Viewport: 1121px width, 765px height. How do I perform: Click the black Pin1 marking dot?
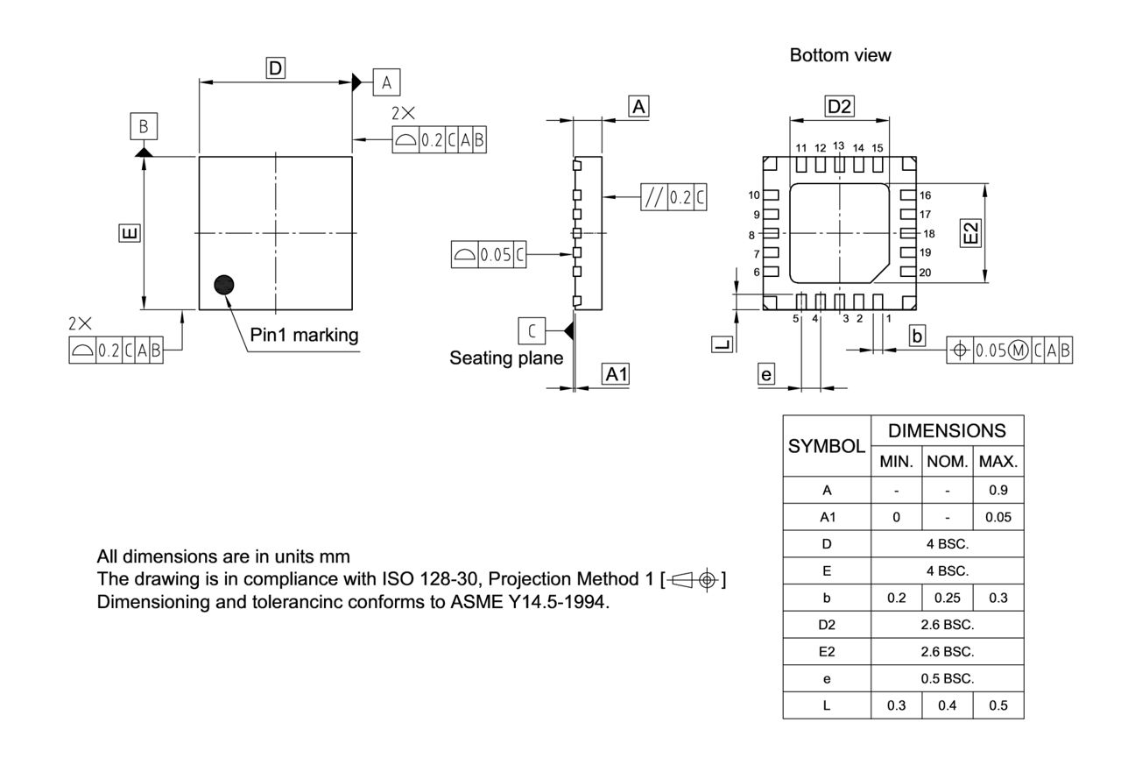point(225,284)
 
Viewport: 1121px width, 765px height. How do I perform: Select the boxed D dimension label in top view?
point(276,67)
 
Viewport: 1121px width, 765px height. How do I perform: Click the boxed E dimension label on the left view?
point(129,233)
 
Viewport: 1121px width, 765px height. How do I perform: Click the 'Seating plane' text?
point(506,358)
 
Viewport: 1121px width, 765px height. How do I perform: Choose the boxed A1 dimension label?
point(617,374)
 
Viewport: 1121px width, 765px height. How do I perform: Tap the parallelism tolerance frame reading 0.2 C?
point(674,198)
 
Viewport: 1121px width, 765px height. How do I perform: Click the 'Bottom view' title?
point(840,55)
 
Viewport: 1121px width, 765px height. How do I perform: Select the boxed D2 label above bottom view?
point(839,107)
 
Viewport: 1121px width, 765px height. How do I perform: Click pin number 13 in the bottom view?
point(838,145)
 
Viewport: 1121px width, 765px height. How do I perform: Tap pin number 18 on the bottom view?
point(929,234)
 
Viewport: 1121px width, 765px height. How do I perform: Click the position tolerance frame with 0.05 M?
point(1011,351)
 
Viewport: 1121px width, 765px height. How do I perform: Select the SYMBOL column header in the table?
point(827,445)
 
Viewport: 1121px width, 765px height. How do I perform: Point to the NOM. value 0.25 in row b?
point(947,599)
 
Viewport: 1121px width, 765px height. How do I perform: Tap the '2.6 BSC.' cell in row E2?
point(947,652)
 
